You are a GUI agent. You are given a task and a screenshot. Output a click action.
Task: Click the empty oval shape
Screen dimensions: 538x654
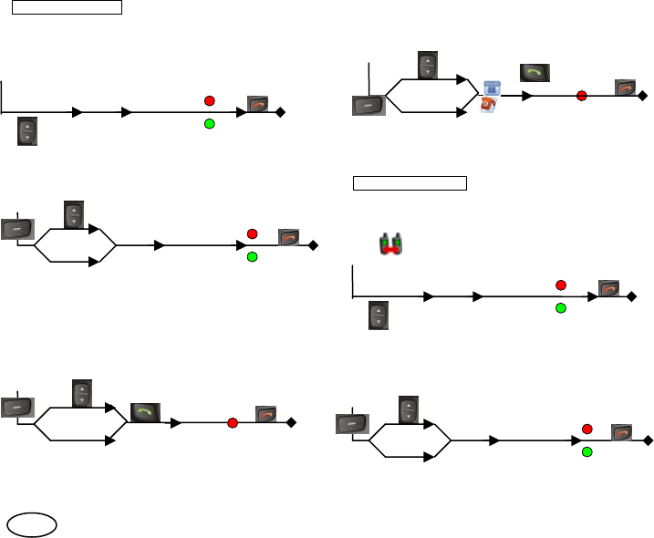tap(33, 523)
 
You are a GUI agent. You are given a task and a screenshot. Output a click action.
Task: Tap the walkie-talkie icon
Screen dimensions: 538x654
tap(391, 243)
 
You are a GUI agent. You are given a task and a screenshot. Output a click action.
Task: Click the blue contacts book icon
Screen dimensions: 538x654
tap(492, 88)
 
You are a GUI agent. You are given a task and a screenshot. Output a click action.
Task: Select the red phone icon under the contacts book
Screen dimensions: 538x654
tap(488, 105)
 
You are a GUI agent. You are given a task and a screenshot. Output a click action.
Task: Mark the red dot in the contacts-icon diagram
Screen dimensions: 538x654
tap(581, 96)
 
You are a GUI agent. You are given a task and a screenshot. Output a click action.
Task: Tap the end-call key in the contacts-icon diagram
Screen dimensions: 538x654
tap(625, 88)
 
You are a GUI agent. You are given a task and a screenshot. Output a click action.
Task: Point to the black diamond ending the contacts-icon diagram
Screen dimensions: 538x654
tap(643, 96)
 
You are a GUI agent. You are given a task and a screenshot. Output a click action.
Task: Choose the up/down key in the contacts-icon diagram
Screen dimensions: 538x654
tap(429, 66)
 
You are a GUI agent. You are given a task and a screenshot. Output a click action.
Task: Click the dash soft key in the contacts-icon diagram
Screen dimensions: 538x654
tap(369, 106)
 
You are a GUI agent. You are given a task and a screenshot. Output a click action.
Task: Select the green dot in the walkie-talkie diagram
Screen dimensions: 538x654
tap(561, 309)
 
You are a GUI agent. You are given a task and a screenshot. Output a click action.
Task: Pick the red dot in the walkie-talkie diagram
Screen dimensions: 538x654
tap(561, 285)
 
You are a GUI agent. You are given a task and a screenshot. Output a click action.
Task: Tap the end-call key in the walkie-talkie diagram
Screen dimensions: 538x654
tap(609, 289)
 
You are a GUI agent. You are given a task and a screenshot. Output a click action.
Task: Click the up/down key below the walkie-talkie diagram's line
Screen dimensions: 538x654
tap(378, 316)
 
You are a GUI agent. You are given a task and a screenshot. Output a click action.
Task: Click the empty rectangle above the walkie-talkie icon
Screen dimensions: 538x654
tap(410, 183)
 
